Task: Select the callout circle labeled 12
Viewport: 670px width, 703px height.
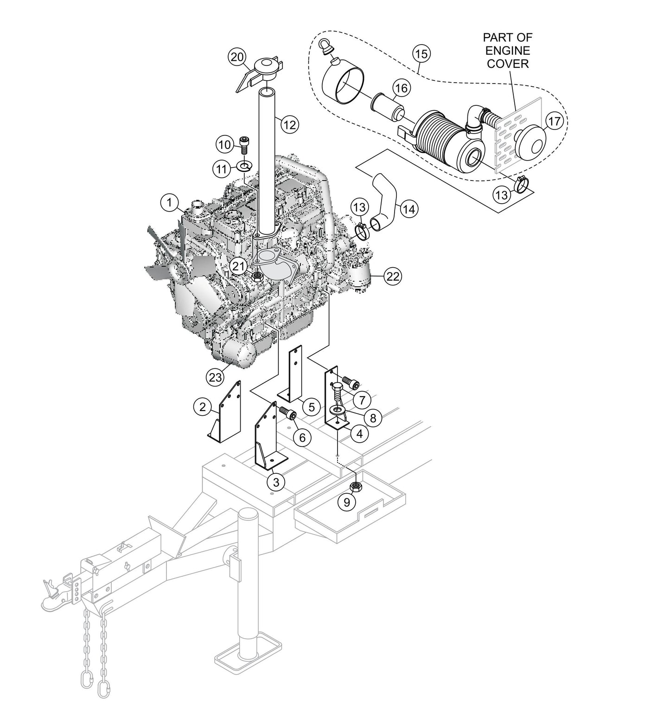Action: coord(289,124)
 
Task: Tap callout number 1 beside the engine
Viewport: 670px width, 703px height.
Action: coord(170,202)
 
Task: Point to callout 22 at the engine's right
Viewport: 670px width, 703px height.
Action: coord(392,277)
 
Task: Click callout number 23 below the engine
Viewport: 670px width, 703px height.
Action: coord(216,377)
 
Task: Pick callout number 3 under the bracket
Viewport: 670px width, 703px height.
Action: coord(276,482)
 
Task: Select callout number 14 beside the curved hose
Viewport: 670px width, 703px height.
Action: coord(408,209)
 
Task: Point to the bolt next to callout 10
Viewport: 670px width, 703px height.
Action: coord(244,144)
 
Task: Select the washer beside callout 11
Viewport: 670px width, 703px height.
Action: coord(244,165)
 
